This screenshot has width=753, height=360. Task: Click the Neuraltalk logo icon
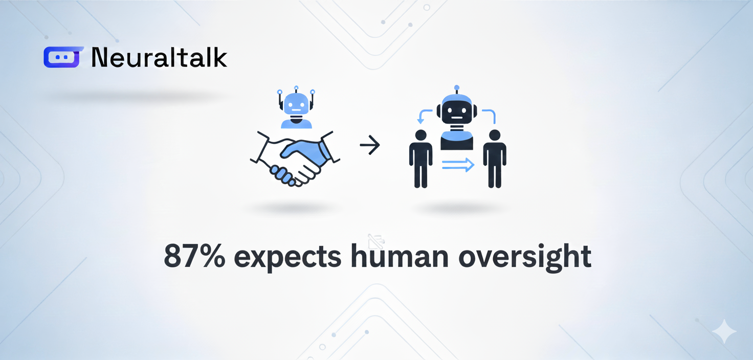tap(63, 57)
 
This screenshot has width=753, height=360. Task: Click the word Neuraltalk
tap(159, 57)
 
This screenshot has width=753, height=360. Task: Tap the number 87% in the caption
tap(194, 256)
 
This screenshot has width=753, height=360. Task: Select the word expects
tap(288, 258)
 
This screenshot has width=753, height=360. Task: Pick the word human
tap(400, 256)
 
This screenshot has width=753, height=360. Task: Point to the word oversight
tap(525, 257)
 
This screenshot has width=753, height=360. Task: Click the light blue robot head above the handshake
tap(296, 105)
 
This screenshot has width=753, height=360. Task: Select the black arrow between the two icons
tap(370, 145)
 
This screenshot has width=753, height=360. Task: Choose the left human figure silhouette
tap(420, 159)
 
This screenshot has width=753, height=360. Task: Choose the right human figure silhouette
tap(495, 159)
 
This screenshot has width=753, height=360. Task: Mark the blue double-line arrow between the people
tap(458, 165)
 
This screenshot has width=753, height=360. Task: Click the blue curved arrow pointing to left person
tap(424, 115)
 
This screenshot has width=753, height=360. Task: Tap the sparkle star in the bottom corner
tap(724, 331)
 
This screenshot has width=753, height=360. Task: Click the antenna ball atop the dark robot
tap(456, 88)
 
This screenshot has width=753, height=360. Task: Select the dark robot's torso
tap(456, 141)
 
